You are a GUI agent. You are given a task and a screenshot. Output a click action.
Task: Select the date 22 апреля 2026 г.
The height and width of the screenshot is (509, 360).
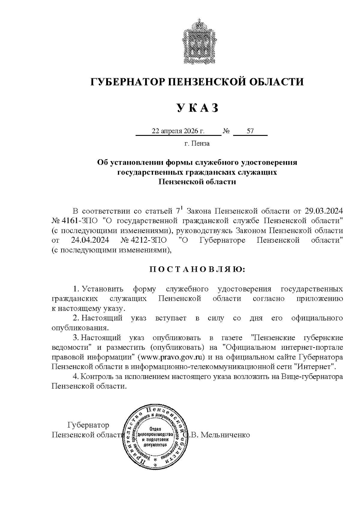click(x=178, y=131)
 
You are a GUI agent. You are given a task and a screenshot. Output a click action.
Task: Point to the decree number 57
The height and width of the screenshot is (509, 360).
click(x=250, y=131)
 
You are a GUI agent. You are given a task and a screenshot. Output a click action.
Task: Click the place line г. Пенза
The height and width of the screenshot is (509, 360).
click(x=197, y=143)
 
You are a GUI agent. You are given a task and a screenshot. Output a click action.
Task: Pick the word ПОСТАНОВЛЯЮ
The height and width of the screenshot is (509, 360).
click(x=197, y=270)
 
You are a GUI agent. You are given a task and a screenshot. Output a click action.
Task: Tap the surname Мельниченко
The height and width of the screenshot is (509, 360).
click(x=225, y=435)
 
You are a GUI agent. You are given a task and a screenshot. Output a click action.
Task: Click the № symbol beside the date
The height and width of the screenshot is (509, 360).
click(x=226, y=131)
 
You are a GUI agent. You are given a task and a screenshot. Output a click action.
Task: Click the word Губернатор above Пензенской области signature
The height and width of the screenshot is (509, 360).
click(x=88, y=425)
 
